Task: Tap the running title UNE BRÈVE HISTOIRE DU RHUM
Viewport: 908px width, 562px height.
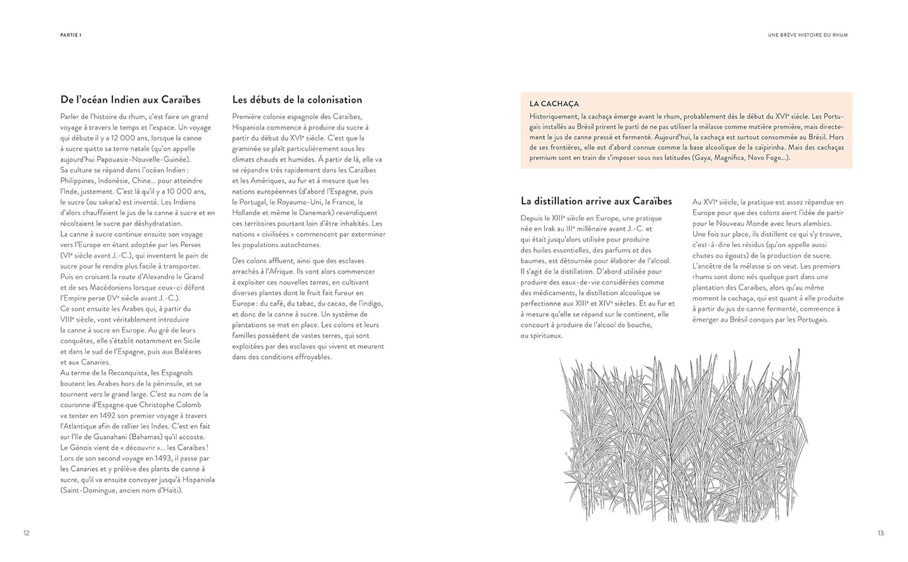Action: click(x=807, y=35)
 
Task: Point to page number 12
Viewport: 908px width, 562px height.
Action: click(x=26, y=533)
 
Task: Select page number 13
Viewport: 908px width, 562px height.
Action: click(x=880, y=533)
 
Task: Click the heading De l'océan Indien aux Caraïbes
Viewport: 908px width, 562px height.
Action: click(x=131, y=100)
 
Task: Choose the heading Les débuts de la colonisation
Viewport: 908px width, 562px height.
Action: click(x=297, y=100)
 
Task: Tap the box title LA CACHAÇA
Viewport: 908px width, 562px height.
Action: click(x=554, y=104)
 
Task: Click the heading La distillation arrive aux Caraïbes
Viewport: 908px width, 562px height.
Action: click(x=596, y=201)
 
